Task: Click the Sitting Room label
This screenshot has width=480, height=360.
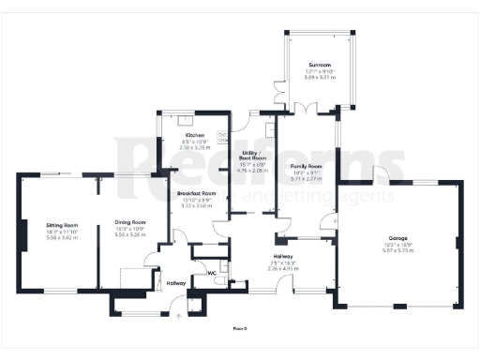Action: (x=63, y=225)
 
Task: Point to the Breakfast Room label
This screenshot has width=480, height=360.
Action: (x=197, y=193)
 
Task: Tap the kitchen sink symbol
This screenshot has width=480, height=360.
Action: (x=185, y=120)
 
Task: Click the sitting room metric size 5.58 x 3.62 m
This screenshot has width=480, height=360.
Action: (x=63, y=237)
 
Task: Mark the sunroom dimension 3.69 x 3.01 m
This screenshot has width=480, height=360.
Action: (x=319, y=80)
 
